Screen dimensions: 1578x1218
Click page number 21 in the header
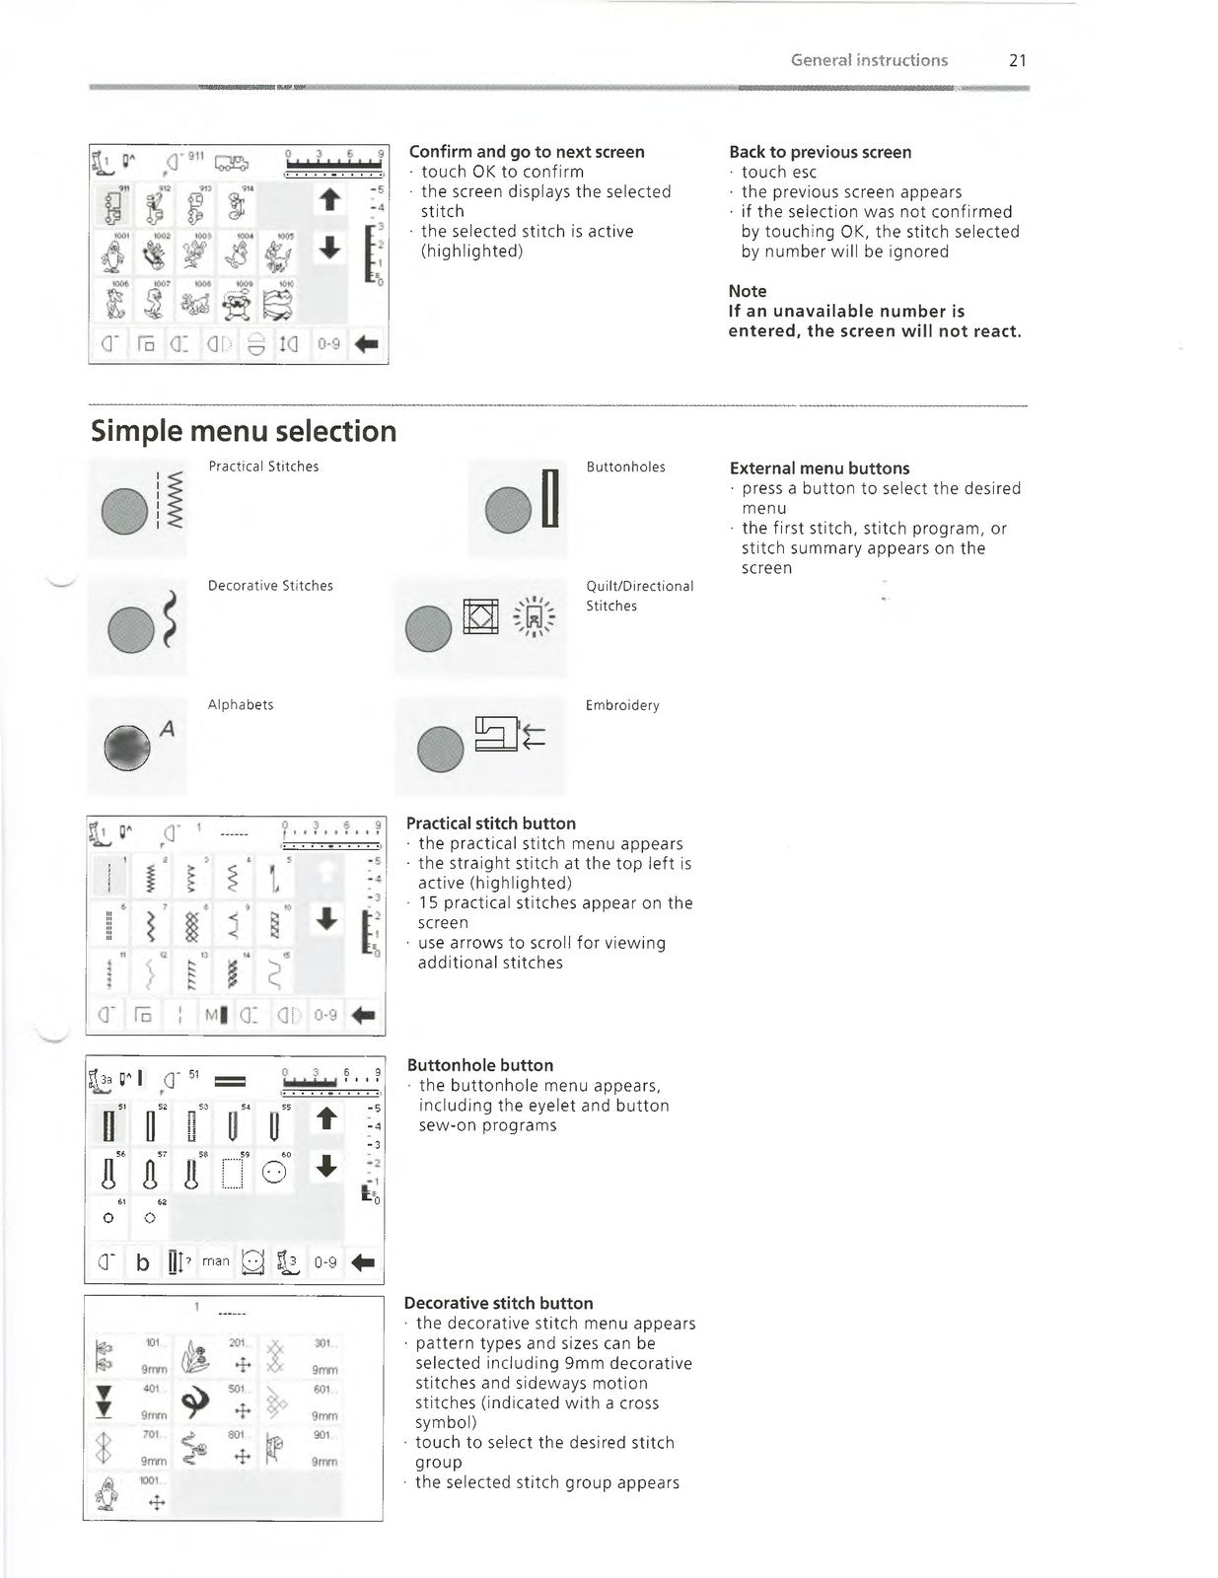tap(1018, 60)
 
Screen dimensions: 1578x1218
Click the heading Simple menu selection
tap(244, 431)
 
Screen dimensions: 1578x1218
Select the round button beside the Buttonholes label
tap(509, 510)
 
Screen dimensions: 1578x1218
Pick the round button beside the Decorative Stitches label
tap(130, 628)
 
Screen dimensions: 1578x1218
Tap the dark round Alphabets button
tap(128, 749)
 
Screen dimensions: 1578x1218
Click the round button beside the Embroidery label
tap(440, 749)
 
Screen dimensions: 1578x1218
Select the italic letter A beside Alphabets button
tap(168, 729)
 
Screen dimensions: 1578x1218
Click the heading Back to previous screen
tap(820, 152)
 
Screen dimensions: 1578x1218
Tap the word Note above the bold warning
tap(747, 291)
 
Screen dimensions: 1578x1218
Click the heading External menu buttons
tap(819, 468)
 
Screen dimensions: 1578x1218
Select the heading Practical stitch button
tap(490, 824)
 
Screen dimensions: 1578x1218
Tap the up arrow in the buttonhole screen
tap(326, 1119)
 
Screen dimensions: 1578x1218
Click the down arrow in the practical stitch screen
tap(326, 919)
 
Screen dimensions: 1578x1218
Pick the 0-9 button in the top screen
tap(328, 344)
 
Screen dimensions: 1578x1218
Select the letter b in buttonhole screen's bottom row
tap(143, 1262)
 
